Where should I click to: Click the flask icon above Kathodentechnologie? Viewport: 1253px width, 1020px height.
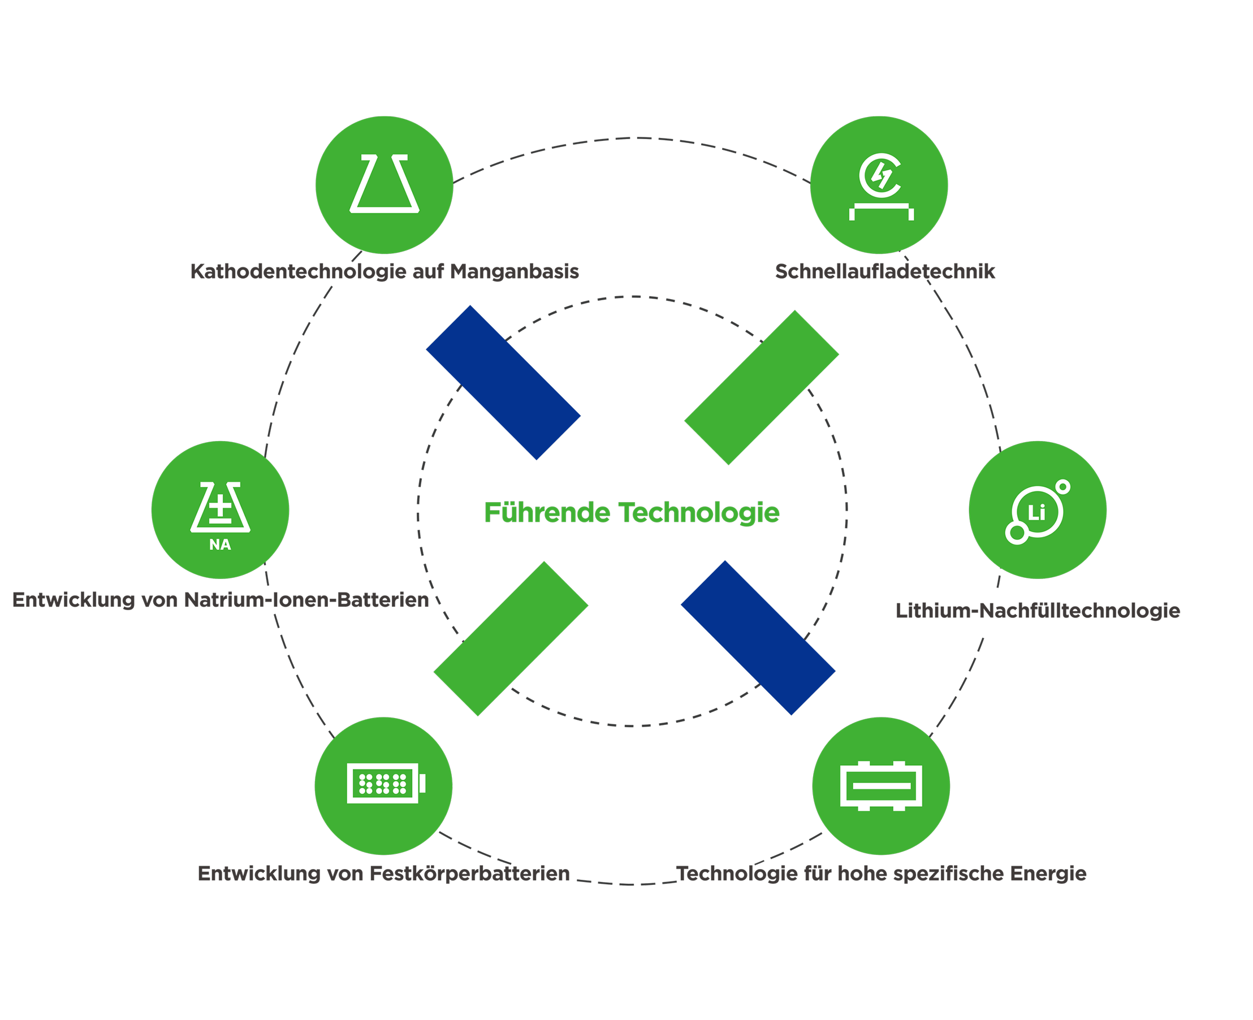click(384, 184)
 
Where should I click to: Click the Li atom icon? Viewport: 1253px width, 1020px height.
click(1038, 510)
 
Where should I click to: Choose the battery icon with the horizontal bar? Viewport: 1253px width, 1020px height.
click(880, 785)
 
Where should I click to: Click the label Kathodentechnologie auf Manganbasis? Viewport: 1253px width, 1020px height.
click(384, 271)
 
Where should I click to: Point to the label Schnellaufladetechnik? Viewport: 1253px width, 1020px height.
click(885, 271)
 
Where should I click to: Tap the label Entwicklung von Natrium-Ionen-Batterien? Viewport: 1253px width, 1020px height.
click(222, 600)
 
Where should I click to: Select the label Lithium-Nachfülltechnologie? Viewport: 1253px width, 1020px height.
click(1038, 611)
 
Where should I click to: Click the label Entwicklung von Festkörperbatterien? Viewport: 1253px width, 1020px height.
click(384, 874)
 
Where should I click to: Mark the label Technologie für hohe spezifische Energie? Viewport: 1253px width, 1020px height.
click(881, 874)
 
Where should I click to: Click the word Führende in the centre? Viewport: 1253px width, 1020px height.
click(547, 513)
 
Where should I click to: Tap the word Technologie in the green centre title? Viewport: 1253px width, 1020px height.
click(699, 513)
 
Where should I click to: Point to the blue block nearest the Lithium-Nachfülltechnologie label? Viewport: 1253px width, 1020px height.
click(758, 638)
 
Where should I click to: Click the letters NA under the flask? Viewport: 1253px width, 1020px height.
click(221, 545)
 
